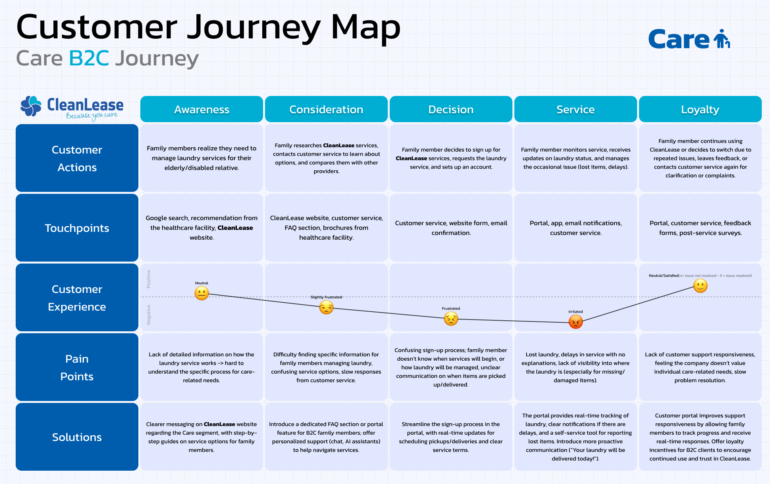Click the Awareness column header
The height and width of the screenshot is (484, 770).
click(x=202, y=109)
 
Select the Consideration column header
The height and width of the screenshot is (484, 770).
click(x=326, y=109)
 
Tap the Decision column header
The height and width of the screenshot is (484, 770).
click(x=451, y=109)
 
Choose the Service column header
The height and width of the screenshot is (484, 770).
click(x=576, y=109)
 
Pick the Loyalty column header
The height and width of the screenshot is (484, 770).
click(x=700, y=109)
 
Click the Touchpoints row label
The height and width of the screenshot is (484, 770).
click(x=77, y=228)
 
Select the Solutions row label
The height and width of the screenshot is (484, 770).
click(x=77, y=437)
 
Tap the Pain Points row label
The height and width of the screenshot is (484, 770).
click(x=77, y=367)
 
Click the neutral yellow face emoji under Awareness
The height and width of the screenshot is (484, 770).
click(x=202, y=293)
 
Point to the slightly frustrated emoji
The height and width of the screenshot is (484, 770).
click(x=326, y=308)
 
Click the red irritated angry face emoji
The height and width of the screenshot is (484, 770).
click(x=576, y=322)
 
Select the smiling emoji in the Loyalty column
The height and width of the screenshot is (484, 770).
click(x=700, y=286)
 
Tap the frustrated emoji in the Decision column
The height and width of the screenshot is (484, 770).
click(x=451, y=319)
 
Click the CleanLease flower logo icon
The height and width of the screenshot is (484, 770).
click(x=31, y=106)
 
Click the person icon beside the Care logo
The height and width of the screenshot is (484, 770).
click(x=721, y=38)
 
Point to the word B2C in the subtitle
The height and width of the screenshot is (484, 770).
click(x=89, y=58)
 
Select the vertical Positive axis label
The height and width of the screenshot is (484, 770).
click(x=149, y=279)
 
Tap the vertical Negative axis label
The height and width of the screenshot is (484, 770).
click(x=149, y=314)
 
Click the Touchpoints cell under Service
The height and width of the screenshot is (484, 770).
click(x=576, y=228)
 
